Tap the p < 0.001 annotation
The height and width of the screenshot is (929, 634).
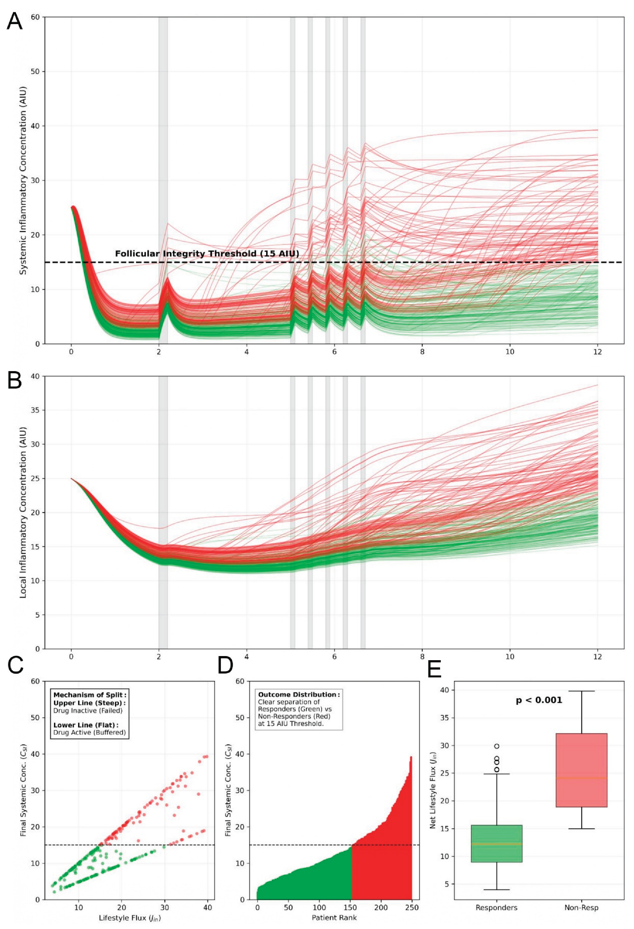point(539,711)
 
